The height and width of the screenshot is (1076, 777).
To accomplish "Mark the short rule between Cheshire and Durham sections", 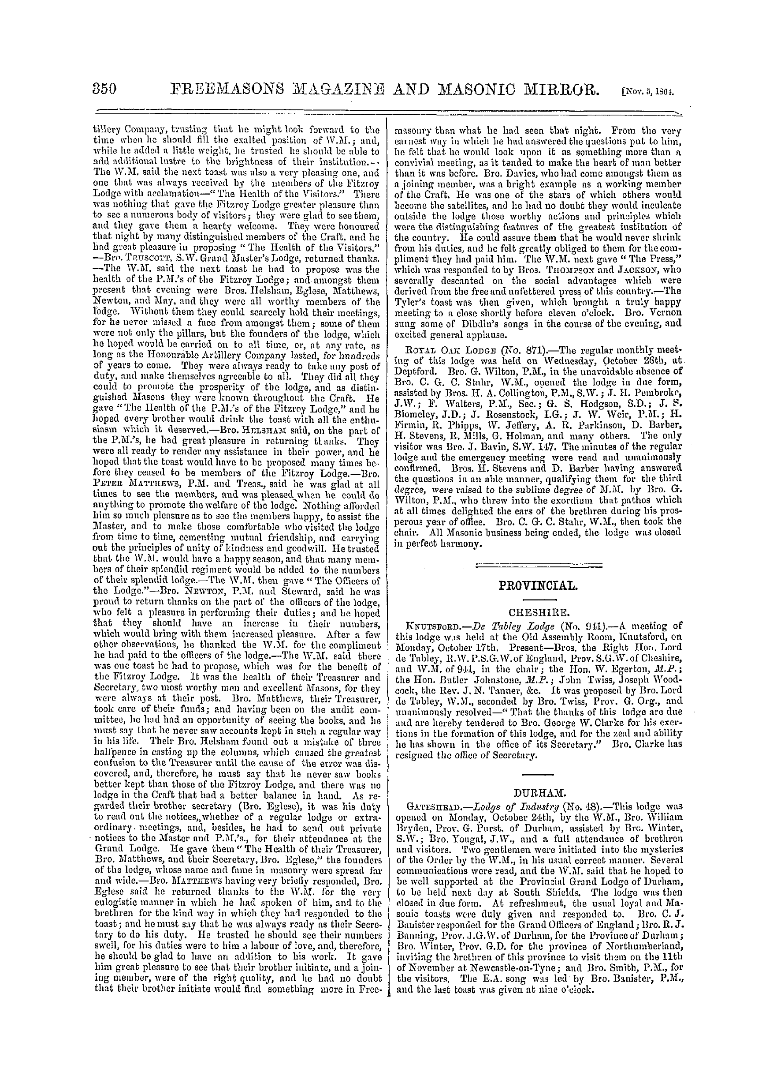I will click(537, 774).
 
